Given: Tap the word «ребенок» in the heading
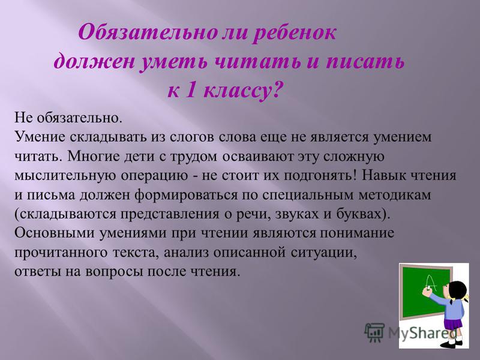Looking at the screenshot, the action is pos(295,33).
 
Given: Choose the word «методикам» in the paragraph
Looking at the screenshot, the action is pos(395,195).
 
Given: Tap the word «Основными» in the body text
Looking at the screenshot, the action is pos(55,233).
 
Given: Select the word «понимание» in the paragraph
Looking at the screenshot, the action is pos(357,233).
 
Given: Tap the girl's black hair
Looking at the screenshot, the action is pos(457,291).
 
